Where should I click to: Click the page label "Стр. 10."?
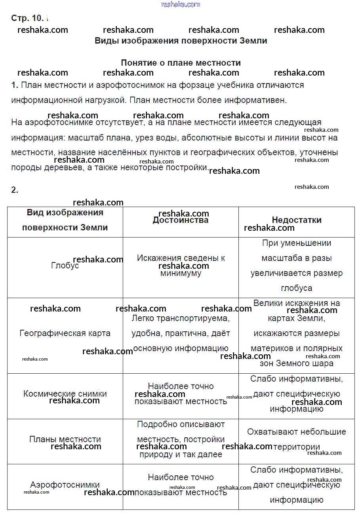pyautogui.click(x=27, y=18)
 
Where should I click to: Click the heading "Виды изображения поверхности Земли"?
pyautogui.click(x=181, y=41)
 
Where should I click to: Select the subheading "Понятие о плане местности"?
pyautogui.click(x=181, y=63)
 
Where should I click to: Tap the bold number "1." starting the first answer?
pyautogui.click(x=15, y=85)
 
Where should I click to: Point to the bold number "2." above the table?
pyautogui.click(x=15, y=190)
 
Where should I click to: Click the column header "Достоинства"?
pyautogui.click(x=181, y=220)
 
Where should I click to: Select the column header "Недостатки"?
pyautogui.click(x=296, y=220)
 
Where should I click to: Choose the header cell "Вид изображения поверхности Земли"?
pyautogui.click(x=65, y=220)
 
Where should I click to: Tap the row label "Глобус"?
pyautogui.click(x=65, y=266)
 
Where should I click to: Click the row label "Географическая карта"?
pyautogui.click(x=65, y=333)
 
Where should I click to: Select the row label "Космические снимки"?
pyautogui.click(x=65, y=394)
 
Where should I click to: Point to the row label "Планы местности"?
pyautogui.click(x=65, y=439)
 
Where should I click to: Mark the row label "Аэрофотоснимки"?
pyautogui.click(x=65, y=485)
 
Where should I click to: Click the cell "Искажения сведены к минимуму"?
pyautogui.click(x=181, y=266)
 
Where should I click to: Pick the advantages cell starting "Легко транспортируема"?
pyautogui.click(x=181, y=333)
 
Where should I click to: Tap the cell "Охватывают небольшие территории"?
pyautogui.click(x=296, y=439)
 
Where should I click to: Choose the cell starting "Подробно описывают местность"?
pyautogui.click(x=181, y=439)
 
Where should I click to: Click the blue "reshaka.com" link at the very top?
pyautogui.click(x=181, y=4)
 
